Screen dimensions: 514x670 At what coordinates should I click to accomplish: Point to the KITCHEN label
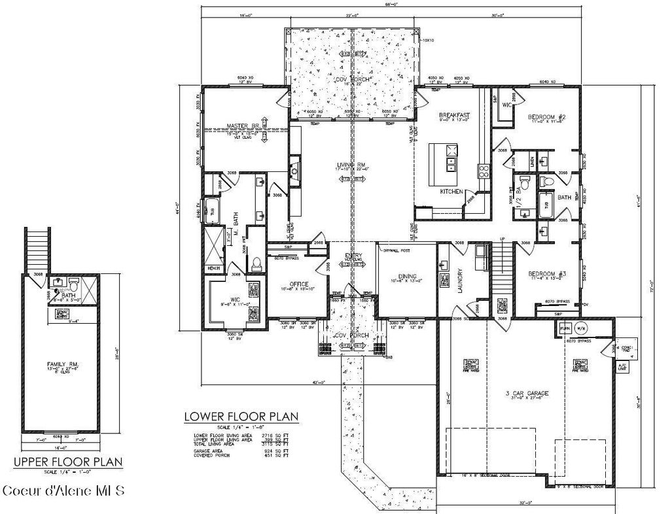451,192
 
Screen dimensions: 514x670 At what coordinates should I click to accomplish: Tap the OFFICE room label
300,284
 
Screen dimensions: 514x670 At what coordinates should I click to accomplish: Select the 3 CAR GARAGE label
526,393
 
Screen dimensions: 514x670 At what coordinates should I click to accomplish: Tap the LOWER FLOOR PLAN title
241,416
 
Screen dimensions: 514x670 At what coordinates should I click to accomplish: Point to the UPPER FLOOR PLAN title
68,462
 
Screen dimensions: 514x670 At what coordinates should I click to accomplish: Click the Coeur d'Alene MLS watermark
63,490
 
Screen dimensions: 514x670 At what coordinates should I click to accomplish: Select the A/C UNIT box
622,367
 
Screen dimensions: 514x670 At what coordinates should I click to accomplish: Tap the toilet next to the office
256,264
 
